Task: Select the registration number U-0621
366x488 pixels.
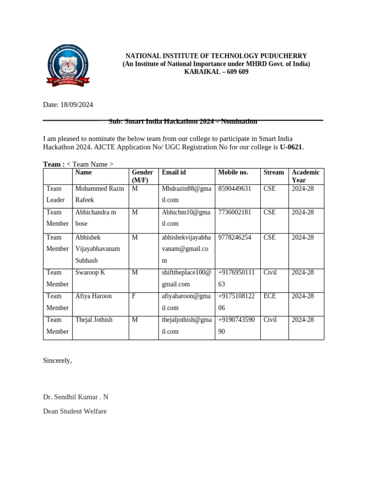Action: [x=291, y=147]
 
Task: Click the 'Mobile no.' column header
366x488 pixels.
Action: [x=233, y=173]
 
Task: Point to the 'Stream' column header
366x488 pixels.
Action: [x=274, y=173]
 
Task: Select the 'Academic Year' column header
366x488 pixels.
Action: [x=305, y=176]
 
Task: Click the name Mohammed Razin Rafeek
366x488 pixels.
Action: [x=99, y=194]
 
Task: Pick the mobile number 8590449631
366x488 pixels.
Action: [x=234, y=189]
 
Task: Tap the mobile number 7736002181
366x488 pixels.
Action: [x=234, y=212]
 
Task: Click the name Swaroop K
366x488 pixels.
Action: [x=90, y=273]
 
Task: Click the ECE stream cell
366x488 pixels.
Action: [x=270, y=296]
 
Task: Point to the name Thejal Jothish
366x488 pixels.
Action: [x=94, y=320]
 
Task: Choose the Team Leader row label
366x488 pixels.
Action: [x=55, y=194]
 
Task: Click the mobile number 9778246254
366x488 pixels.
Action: [x=234, y=237]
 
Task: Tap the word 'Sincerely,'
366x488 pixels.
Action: [x=58, y=360]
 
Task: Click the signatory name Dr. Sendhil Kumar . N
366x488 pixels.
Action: [x=76, y=397]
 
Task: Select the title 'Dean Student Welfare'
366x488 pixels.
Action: [x=75, y=410]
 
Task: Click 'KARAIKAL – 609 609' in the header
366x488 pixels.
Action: [x=216, y=72]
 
